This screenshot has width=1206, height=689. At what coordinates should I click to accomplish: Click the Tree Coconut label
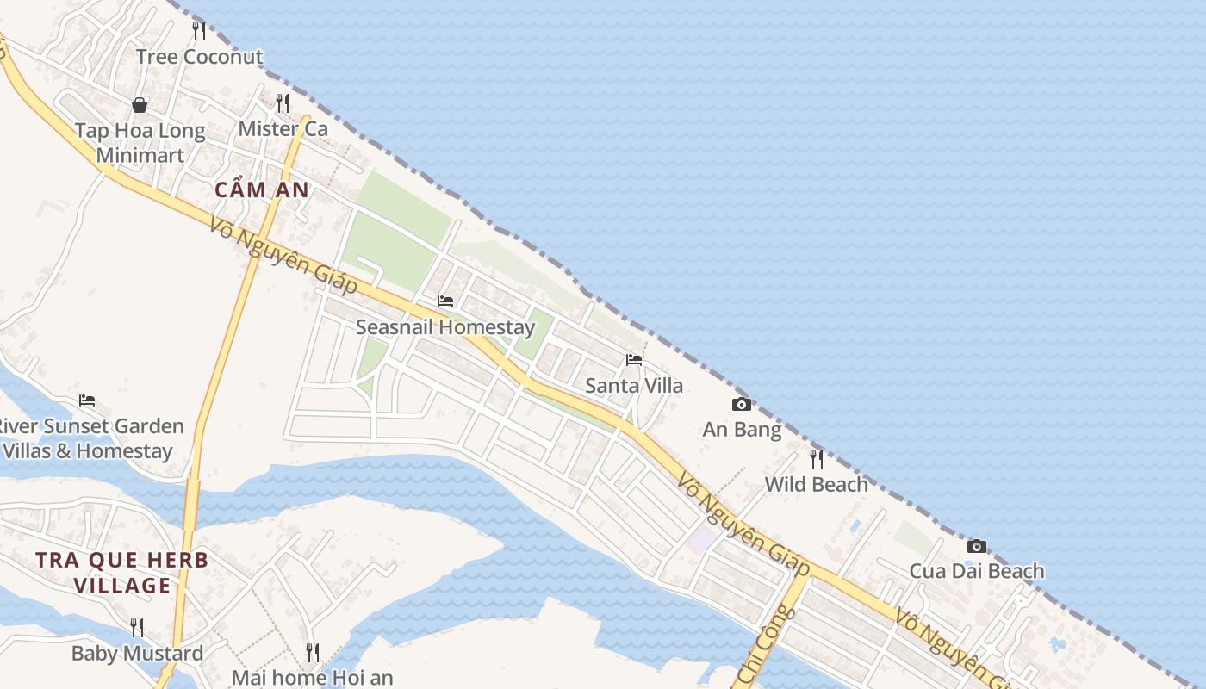[199, 57]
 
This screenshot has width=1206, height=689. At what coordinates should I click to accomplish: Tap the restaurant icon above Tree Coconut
[199, 32]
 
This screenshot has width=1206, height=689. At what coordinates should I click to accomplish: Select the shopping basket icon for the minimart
[140, 105]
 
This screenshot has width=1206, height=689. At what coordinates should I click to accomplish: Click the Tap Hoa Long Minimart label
[140, 143]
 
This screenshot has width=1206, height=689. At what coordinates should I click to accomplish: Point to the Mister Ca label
[283, 129]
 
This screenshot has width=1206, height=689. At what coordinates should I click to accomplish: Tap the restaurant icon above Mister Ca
[283, 104]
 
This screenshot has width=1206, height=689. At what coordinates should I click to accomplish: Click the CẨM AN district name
[261, 190]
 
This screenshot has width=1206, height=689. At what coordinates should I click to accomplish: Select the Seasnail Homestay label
[445, 327]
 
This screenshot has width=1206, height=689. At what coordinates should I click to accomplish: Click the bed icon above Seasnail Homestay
[445, 301]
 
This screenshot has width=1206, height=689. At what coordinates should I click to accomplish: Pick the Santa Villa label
[634, 385]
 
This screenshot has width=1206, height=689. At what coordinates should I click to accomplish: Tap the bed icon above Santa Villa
[634, 360]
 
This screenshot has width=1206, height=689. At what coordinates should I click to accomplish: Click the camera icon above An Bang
[741, 404]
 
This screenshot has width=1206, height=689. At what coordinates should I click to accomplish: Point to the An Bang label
[742, 429]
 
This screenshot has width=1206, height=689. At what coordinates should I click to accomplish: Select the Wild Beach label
[816, 484]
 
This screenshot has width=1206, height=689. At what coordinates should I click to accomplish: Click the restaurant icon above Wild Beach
[816, 458]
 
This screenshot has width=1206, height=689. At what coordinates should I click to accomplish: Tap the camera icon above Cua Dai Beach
[976, 546]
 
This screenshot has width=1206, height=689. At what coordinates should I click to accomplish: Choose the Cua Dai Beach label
[976, 571]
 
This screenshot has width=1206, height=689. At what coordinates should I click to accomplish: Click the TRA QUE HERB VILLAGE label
[122, 573]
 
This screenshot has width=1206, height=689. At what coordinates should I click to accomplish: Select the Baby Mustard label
[137, 653]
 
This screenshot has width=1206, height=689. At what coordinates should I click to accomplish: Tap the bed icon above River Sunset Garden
[87, 400]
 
